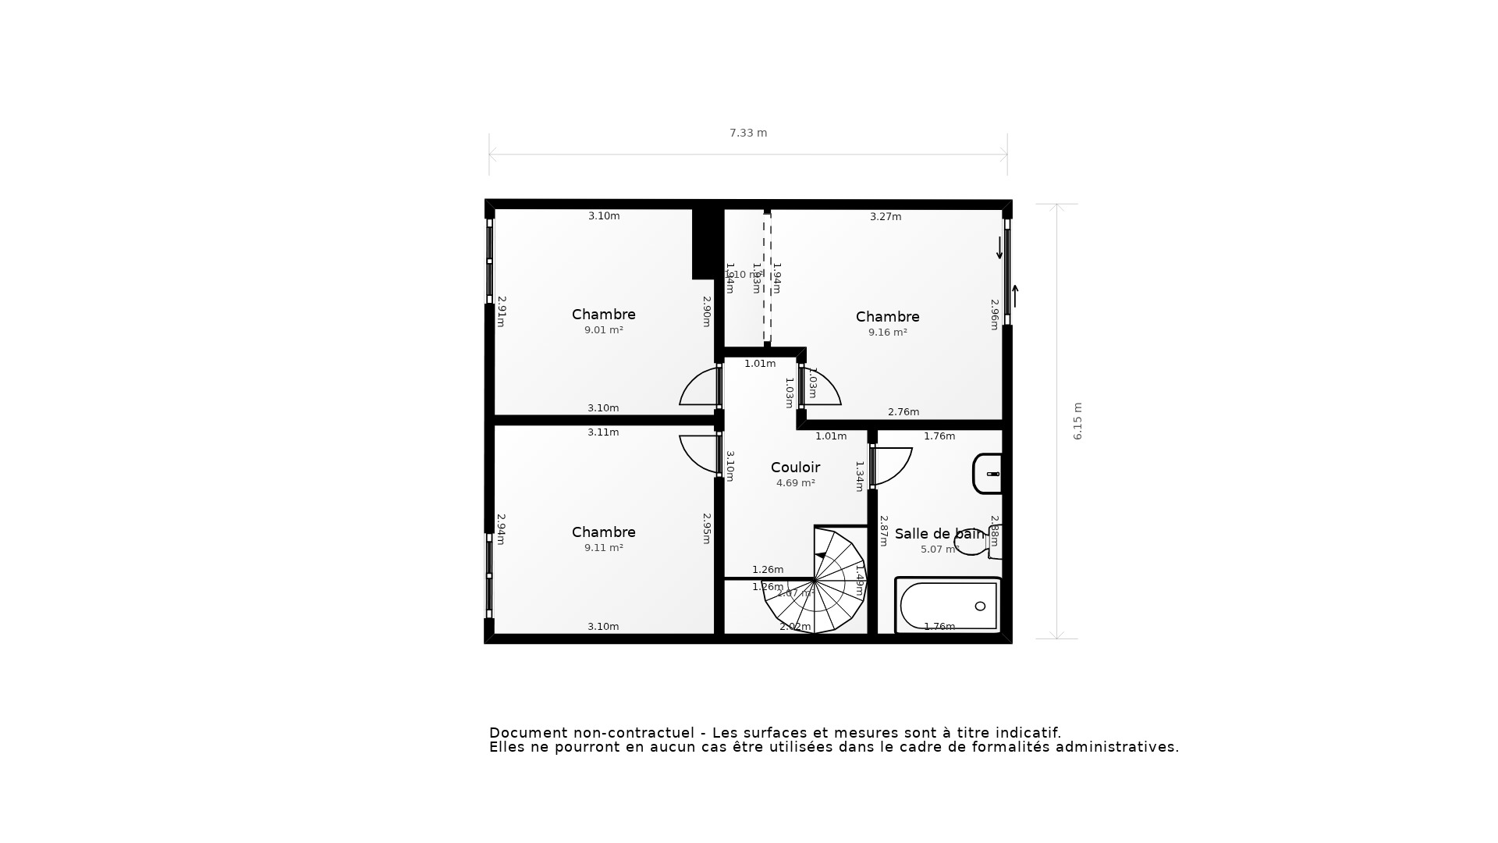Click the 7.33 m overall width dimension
(748, 133)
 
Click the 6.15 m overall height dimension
(1077, 421)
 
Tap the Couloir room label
(795, 468)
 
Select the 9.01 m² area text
(603, 330)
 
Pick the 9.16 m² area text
(887, 333)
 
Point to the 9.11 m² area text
(603, 548)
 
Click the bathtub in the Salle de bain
(948, 606)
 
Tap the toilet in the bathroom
(976, 541)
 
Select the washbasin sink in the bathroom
(988, 474)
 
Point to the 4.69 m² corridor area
(795, 483)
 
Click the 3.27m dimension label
(886, 217)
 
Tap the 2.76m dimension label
(903, 412)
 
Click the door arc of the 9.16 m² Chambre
(823, 387)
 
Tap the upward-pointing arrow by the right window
(1015, 296)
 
